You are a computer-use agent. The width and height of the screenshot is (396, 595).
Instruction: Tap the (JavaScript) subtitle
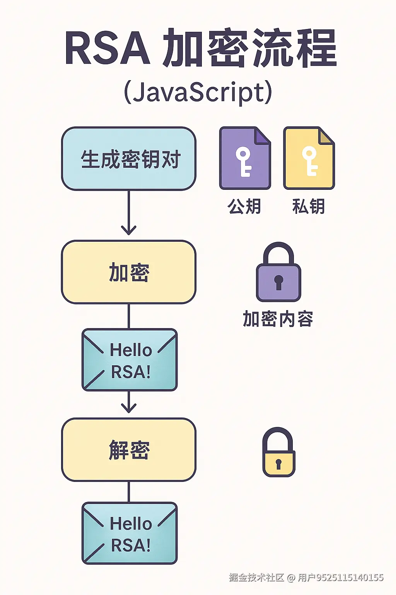tap(198, 92)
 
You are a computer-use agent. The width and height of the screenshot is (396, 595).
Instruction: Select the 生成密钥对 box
tap(129, 159)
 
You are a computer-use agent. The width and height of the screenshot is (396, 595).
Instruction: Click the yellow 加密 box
tap(129, 272)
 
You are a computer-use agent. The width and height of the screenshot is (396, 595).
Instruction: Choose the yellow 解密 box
tap(129, 450)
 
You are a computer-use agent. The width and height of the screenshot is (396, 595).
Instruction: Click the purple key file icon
tap(245, 158)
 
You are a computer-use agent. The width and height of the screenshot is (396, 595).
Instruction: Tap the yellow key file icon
tap(309, 158)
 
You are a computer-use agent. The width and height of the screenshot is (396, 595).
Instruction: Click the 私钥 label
tap(309, 206)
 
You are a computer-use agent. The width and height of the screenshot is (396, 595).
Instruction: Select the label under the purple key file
tap(244, 206)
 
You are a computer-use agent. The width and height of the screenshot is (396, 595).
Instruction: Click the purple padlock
tap(278, 273)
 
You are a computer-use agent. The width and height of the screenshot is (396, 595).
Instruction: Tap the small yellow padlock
tap(278, 453)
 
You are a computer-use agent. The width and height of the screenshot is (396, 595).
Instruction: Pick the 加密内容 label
tap(278, 319)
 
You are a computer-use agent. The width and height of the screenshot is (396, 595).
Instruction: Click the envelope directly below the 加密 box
tap(130, 360)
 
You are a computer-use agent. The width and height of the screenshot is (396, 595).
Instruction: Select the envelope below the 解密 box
tap(130, 533)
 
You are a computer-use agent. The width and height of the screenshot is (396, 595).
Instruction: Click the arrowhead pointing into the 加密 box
tap(129, 230)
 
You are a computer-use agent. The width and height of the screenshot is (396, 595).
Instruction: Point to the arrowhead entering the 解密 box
tap(129, 408)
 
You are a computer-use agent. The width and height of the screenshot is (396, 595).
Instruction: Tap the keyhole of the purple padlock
tap(278, 281)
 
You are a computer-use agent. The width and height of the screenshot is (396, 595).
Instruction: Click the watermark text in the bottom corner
tap(306, 578)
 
